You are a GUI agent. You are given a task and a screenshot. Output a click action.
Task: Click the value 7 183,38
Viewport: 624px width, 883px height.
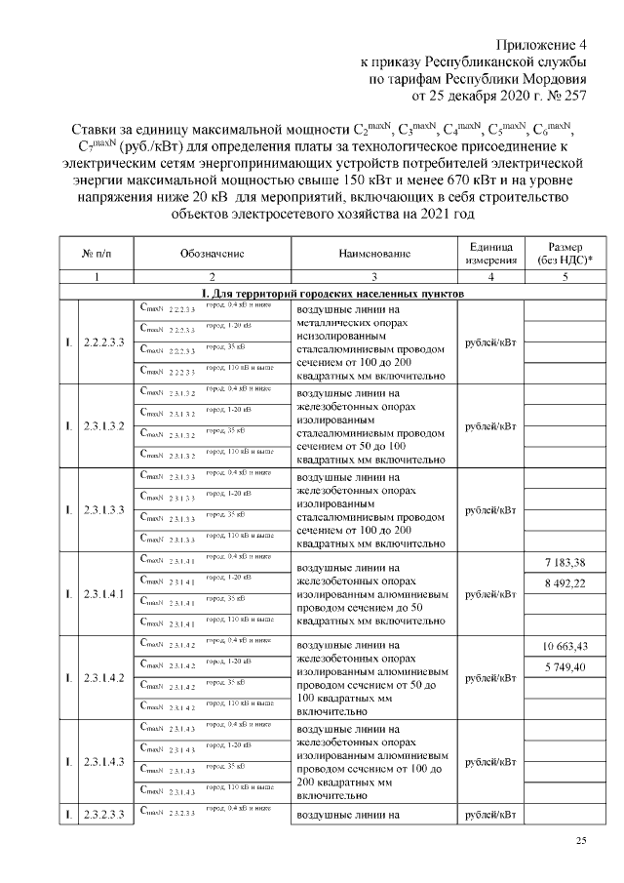(565, 562)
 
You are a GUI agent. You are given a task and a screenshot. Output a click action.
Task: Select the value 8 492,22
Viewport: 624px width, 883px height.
(565, 583)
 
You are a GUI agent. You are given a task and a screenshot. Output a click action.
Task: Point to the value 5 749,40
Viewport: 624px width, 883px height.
(565, 666)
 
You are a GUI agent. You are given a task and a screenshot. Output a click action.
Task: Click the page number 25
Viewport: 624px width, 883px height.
(582, 841)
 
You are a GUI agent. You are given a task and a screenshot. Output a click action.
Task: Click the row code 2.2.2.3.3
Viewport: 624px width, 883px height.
(104, 342)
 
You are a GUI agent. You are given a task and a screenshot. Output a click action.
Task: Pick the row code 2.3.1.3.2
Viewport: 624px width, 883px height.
(104, 426)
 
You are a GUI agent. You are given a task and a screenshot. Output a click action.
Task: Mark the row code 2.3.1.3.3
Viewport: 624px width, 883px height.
(104, 510)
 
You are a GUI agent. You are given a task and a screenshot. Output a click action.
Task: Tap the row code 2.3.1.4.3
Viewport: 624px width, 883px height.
(104, 762)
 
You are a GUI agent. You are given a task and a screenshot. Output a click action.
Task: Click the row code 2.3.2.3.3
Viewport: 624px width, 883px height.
(104, 813)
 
